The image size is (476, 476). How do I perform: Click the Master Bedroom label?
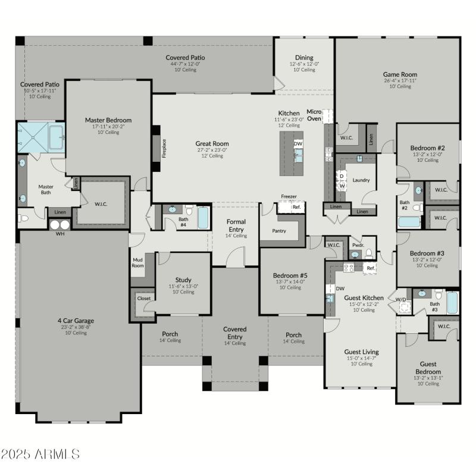[108, 120]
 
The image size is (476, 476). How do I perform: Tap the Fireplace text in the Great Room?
[164, 149]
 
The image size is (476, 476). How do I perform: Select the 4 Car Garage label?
[76, 321]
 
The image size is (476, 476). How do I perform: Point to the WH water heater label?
[59, 234]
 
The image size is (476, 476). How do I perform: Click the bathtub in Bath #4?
[203, 218]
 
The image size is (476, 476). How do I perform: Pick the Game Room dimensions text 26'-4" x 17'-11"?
[400, 81]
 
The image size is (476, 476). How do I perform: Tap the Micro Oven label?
[314, 115]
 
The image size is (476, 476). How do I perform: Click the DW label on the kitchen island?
[298, 144]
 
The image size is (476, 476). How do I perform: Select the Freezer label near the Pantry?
[289, 196]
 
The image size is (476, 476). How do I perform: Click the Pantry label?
[279, 231]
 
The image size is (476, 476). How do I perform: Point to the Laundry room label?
[361, 180]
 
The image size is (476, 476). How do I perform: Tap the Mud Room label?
[138, 262]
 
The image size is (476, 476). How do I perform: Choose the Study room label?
[183, 280]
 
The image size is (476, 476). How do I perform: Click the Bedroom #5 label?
[290, 275]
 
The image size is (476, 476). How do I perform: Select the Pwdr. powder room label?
[358, 245]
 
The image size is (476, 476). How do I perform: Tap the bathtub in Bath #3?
[452, 302]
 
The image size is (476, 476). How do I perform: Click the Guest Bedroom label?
[428, 367]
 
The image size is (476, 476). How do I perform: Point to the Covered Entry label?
[234, 333]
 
